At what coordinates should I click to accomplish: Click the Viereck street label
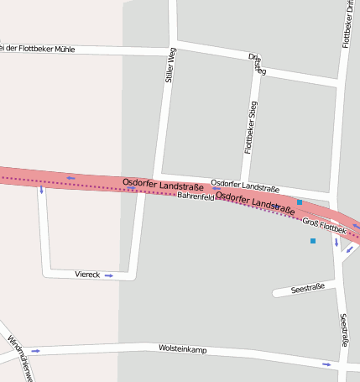click(x=87, y=275)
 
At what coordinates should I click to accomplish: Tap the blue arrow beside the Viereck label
click(x=109, y=275)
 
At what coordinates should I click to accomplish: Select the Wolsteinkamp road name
click(x=181, y=348)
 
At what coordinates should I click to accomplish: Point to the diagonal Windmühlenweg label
click(x=19, y=358)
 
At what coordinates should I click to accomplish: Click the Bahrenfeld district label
click(x=196, y=196)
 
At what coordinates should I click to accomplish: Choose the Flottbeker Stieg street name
click(x=249, y=127)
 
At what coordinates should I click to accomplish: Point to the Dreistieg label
click(x=257, y=65)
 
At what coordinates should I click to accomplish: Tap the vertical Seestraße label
click(x=343, y=331)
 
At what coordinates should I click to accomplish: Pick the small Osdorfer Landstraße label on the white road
click(x=245, y=185)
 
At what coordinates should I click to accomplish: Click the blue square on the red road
click(x=300, y=202)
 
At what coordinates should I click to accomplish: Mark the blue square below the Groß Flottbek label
click(x=313, y=241)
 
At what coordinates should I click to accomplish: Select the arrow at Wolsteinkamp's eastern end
click(x=326, y=364)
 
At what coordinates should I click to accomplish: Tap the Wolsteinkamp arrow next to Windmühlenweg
click(x=35, y=351)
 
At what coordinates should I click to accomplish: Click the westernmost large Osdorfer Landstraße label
click(x=156, y=182)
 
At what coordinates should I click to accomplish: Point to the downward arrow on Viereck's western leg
click(x=41, y=191)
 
